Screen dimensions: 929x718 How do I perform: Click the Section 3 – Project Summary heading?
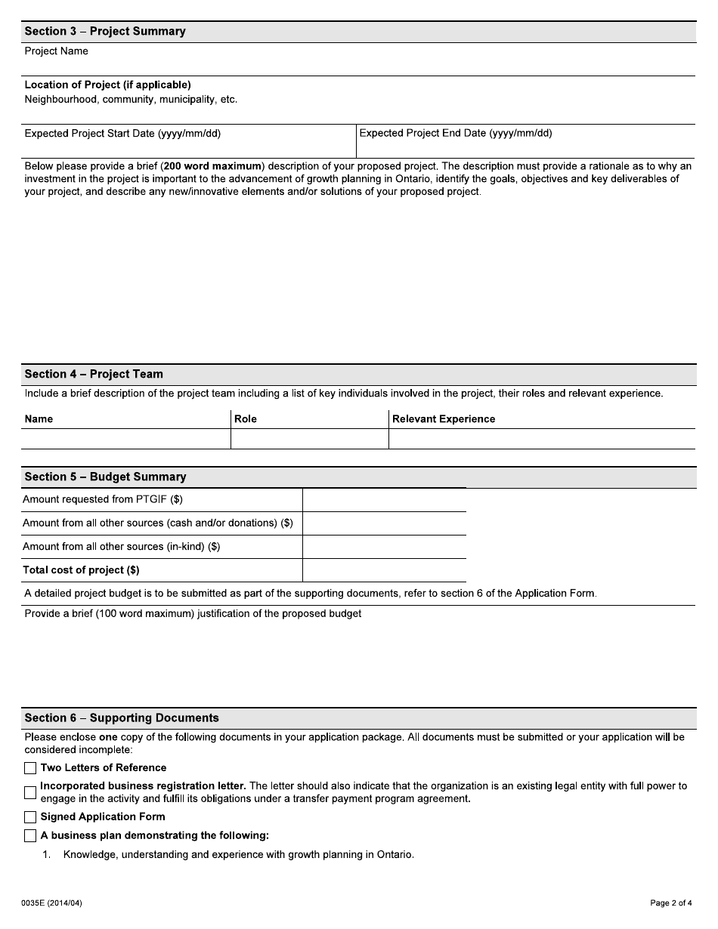pos(105,32)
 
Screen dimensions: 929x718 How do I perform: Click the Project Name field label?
pos(57,51)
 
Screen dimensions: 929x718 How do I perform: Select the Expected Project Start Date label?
pos(122,134)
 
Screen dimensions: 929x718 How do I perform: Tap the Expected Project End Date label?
pos(456,134)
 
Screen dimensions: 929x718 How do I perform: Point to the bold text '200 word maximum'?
pos(214,166)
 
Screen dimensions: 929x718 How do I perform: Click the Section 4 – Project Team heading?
pos(94,375)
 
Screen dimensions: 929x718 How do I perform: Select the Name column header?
pos(39,419)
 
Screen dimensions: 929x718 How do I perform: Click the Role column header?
pos(246,419)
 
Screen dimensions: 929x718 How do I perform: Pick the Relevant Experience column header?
pos(444,419)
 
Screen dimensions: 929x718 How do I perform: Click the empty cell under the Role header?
pos(309,439)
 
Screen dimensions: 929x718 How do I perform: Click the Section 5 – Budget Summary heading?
pos(105,477)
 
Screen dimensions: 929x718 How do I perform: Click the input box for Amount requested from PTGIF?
pos(384,500)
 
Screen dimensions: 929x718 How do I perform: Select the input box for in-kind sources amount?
pos(384,547)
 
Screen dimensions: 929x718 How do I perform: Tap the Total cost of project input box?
pos(384,570)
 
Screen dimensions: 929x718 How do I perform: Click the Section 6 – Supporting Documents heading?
pos(122,718)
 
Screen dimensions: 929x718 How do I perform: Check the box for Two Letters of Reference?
pos(30,768)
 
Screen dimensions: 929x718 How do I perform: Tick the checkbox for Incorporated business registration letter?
pos(30,792)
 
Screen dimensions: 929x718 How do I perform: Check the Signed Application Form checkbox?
pos(30,817)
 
